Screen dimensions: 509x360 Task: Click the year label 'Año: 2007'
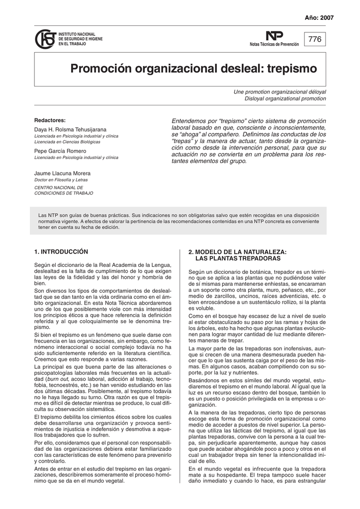[319, 17]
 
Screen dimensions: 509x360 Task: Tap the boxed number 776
[315, 39]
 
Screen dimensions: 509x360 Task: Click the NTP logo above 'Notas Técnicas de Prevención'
[274, 36]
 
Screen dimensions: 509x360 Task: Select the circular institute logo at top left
[45, 39]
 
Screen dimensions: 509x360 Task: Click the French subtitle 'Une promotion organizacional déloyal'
[280, 92]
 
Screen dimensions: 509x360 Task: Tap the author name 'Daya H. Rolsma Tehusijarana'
[70, 129]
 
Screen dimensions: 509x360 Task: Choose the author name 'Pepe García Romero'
[60, 151]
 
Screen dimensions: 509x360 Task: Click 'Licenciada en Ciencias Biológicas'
[67, 142]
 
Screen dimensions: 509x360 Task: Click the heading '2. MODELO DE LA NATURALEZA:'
[238, 253]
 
